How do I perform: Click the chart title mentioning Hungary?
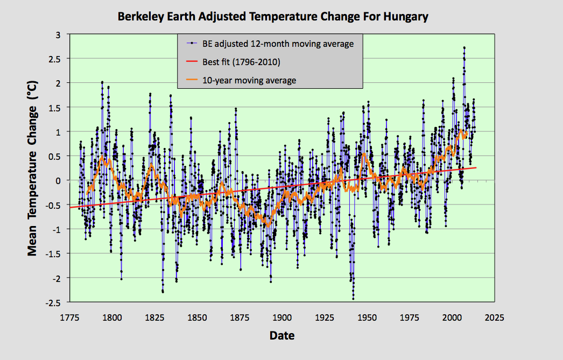tap(273, 17)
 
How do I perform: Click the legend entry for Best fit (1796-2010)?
tap(241, 62)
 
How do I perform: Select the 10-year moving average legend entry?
tap(249, 80)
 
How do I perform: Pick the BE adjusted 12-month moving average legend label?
tap(278, 44)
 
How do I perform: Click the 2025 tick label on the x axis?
tap(494, 317)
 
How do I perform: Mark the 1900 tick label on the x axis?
tap(281, 317)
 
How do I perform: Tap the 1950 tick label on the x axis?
tap(367, 317)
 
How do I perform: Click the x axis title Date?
tap(281, 336)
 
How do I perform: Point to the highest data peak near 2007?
tap(464, 47)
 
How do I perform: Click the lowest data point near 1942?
tap(353, 299)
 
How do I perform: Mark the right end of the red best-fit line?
tap(476, 167)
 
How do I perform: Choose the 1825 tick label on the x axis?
tap(154, 317)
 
